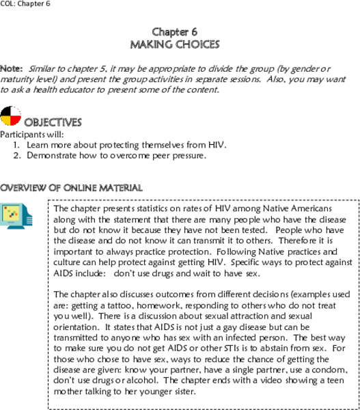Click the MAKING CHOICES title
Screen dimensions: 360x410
click(x=175, y=44)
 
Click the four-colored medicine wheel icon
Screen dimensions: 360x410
click(x=11, y=118)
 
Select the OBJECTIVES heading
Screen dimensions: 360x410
click(x=53, y=122)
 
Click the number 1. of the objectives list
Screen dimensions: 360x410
click(x=17, y=145)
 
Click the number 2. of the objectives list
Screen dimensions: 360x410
click(x=17, y=155)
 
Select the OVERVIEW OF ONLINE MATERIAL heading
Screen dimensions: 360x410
click(x=71, y=187)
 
